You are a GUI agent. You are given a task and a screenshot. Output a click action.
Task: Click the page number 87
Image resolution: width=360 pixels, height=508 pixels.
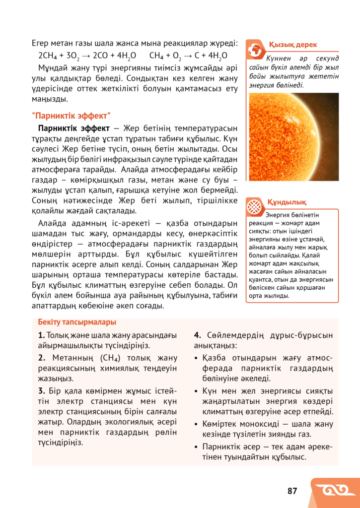[292, 491]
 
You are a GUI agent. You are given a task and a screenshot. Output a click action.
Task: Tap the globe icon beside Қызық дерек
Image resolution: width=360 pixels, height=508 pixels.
[256, 49]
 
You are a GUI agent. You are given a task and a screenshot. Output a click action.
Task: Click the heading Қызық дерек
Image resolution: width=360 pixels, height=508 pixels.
[292, 45]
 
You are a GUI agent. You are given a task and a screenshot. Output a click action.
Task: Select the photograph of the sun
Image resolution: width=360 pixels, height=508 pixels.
[293, 137]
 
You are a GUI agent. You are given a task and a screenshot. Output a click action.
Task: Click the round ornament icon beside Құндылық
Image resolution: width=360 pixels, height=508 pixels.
[255, 207]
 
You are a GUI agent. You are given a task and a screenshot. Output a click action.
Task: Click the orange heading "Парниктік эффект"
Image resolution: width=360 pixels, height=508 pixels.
[71, 116]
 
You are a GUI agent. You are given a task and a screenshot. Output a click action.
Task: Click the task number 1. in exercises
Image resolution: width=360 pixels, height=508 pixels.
[41, 335]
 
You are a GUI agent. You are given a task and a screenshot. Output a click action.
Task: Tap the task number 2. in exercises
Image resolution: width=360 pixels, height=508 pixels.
[41, 358]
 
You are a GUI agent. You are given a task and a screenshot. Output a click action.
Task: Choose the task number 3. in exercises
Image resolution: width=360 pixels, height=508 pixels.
[41, 391]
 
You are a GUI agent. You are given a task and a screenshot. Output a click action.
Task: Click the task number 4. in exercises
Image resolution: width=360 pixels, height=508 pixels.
[197, 335]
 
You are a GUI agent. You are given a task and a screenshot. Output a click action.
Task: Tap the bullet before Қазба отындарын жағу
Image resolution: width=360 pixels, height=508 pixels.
[197, 359]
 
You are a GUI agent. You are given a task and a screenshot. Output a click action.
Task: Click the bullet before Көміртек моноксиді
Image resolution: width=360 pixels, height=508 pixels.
[197, 425]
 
